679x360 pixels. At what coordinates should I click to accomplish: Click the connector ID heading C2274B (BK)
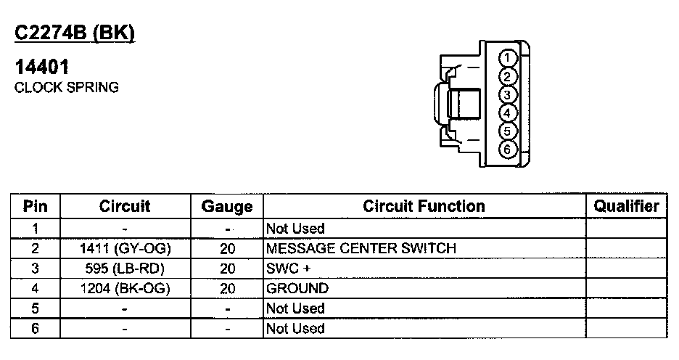75,33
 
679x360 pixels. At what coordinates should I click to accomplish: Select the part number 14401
42,67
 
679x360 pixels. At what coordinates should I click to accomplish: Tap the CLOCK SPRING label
67,87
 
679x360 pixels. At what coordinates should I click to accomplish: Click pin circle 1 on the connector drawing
509,59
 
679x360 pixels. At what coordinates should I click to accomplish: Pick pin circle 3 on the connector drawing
509,95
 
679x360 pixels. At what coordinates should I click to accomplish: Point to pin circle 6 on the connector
509,149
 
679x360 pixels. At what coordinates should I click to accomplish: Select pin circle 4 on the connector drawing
509,113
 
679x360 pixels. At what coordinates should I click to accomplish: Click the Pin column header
36,206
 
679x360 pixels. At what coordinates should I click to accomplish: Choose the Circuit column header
125,206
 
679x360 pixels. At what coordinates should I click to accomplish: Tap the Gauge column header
227,207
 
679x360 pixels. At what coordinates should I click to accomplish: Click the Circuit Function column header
424,206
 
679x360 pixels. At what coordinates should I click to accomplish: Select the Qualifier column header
626,206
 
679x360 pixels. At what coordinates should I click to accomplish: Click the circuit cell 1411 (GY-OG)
125,249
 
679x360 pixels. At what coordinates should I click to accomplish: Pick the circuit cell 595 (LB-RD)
125,269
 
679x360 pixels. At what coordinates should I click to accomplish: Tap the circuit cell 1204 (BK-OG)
125,289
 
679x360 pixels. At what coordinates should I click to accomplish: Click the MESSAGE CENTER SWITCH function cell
361,249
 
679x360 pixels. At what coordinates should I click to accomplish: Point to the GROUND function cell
297,289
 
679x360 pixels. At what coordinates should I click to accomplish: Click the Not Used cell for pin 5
295,308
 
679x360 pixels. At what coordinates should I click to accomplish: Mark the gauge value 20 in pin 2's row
227,249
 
